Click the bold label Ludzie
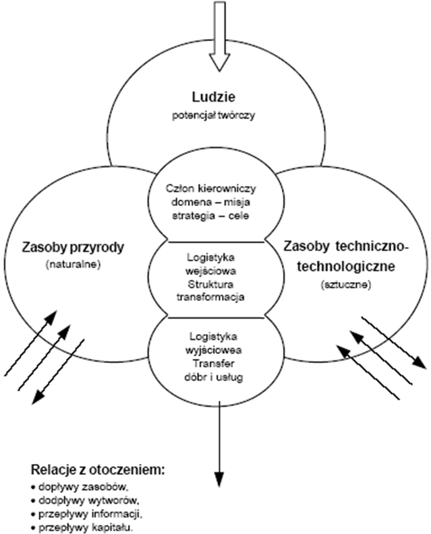(x=216, y=96)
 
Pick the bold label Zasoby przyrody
(x=74, y=248)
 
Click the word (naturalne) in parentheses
(x=74, y=265)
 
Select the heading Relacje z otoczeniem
(x=98, y=469)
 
